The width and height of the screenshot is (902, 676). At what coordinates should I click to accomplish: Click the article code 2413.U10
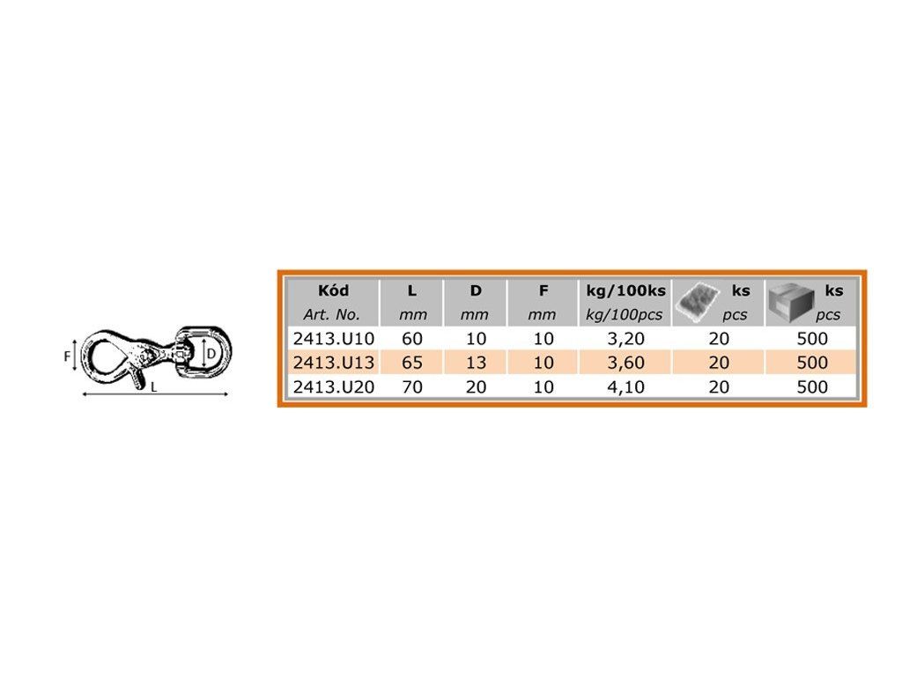point(334,339)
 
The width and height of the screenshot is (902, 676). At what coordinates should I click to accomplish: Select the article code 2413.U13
point(334,363)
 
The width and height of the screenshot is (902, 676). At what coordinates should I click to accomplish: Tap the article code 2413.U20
point(334,387)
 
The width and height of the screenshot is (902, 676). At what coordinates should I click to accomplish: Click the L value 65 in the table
point(412,363)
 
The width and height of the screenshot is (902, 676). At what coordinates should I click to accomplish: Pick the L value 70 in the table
point(412,387)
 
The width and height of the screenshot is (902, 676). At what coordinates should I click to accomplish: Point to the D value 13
point(476,363)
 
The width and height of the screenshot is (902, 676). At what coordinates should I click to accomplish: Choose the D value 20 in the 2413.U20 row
point(476,387)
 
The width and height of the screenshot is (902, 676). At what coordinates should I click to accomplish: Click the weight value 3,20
point(626,339)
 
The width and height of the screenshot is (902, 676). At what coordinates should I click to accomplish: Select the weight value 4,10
point(626,387)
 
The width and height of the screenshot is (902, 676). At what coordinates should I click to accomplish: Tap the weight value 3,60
point(626,364)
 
